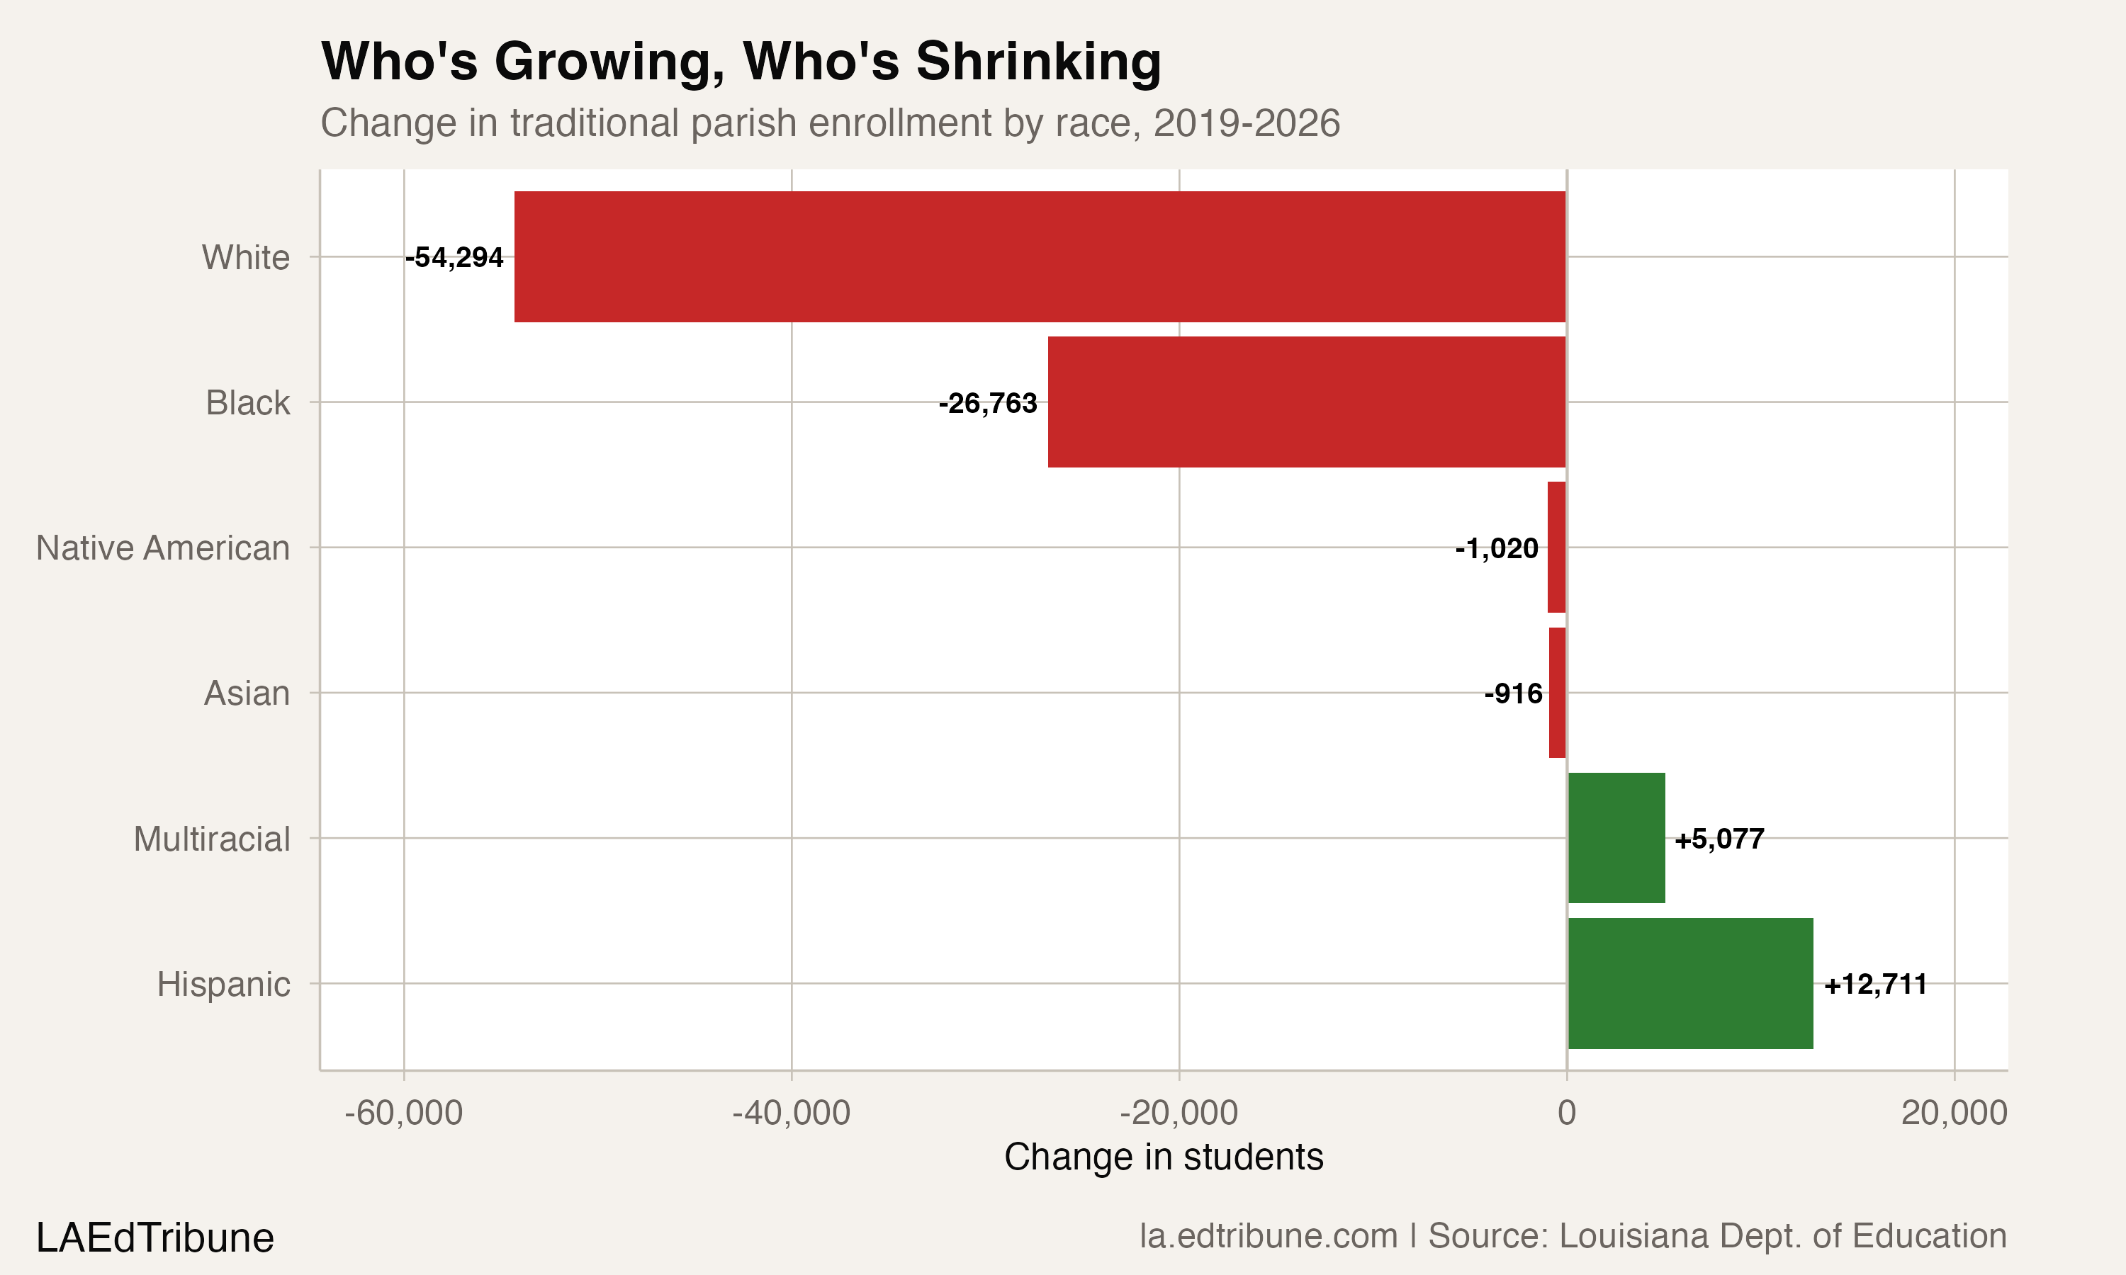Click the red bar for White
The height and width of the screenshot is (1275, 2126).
pos(1040,257)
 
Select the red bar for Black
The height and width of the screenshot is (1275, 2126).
pos(1306,402)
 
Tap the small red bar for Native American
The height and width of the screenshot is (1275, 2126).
pos(1556,548)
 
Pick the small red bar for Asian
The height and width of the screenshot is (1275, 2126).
pos(1557,693)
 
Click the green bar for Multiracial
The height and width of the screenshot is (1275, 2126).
pos(1616,838)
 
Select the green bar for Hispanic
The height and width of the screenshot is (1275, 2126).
pos(1690,983)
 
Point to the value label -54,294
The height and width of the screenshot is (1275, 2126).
pos(454,257)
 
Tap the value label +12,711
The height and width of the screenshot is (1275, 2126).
pos(1875,984)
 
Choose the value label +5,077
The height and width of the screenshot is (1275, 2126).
pos(1719,839)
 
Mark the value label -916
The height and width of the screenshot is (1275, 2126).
pos(1512,693)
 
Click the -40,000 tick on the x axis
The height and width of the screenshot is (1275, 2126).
pos(791,1113)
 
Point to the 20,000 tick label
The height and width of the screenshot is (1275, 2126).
pos(1954,1113)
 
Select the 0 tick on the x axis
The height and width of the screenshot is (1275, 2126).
pos(1567,1113)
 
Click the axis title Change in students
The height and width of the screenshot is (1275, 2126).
pos(1164,1157)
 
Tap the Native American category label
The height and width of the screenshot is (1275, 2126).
pos(162,548)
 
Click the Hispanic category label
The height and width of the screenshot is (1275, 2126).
pos(223,985)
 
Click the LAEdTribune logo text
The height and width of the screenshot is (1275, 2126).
pos(154,1238)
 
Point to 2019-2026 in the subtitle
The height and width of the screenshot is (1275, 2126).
pos(1246,123)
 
